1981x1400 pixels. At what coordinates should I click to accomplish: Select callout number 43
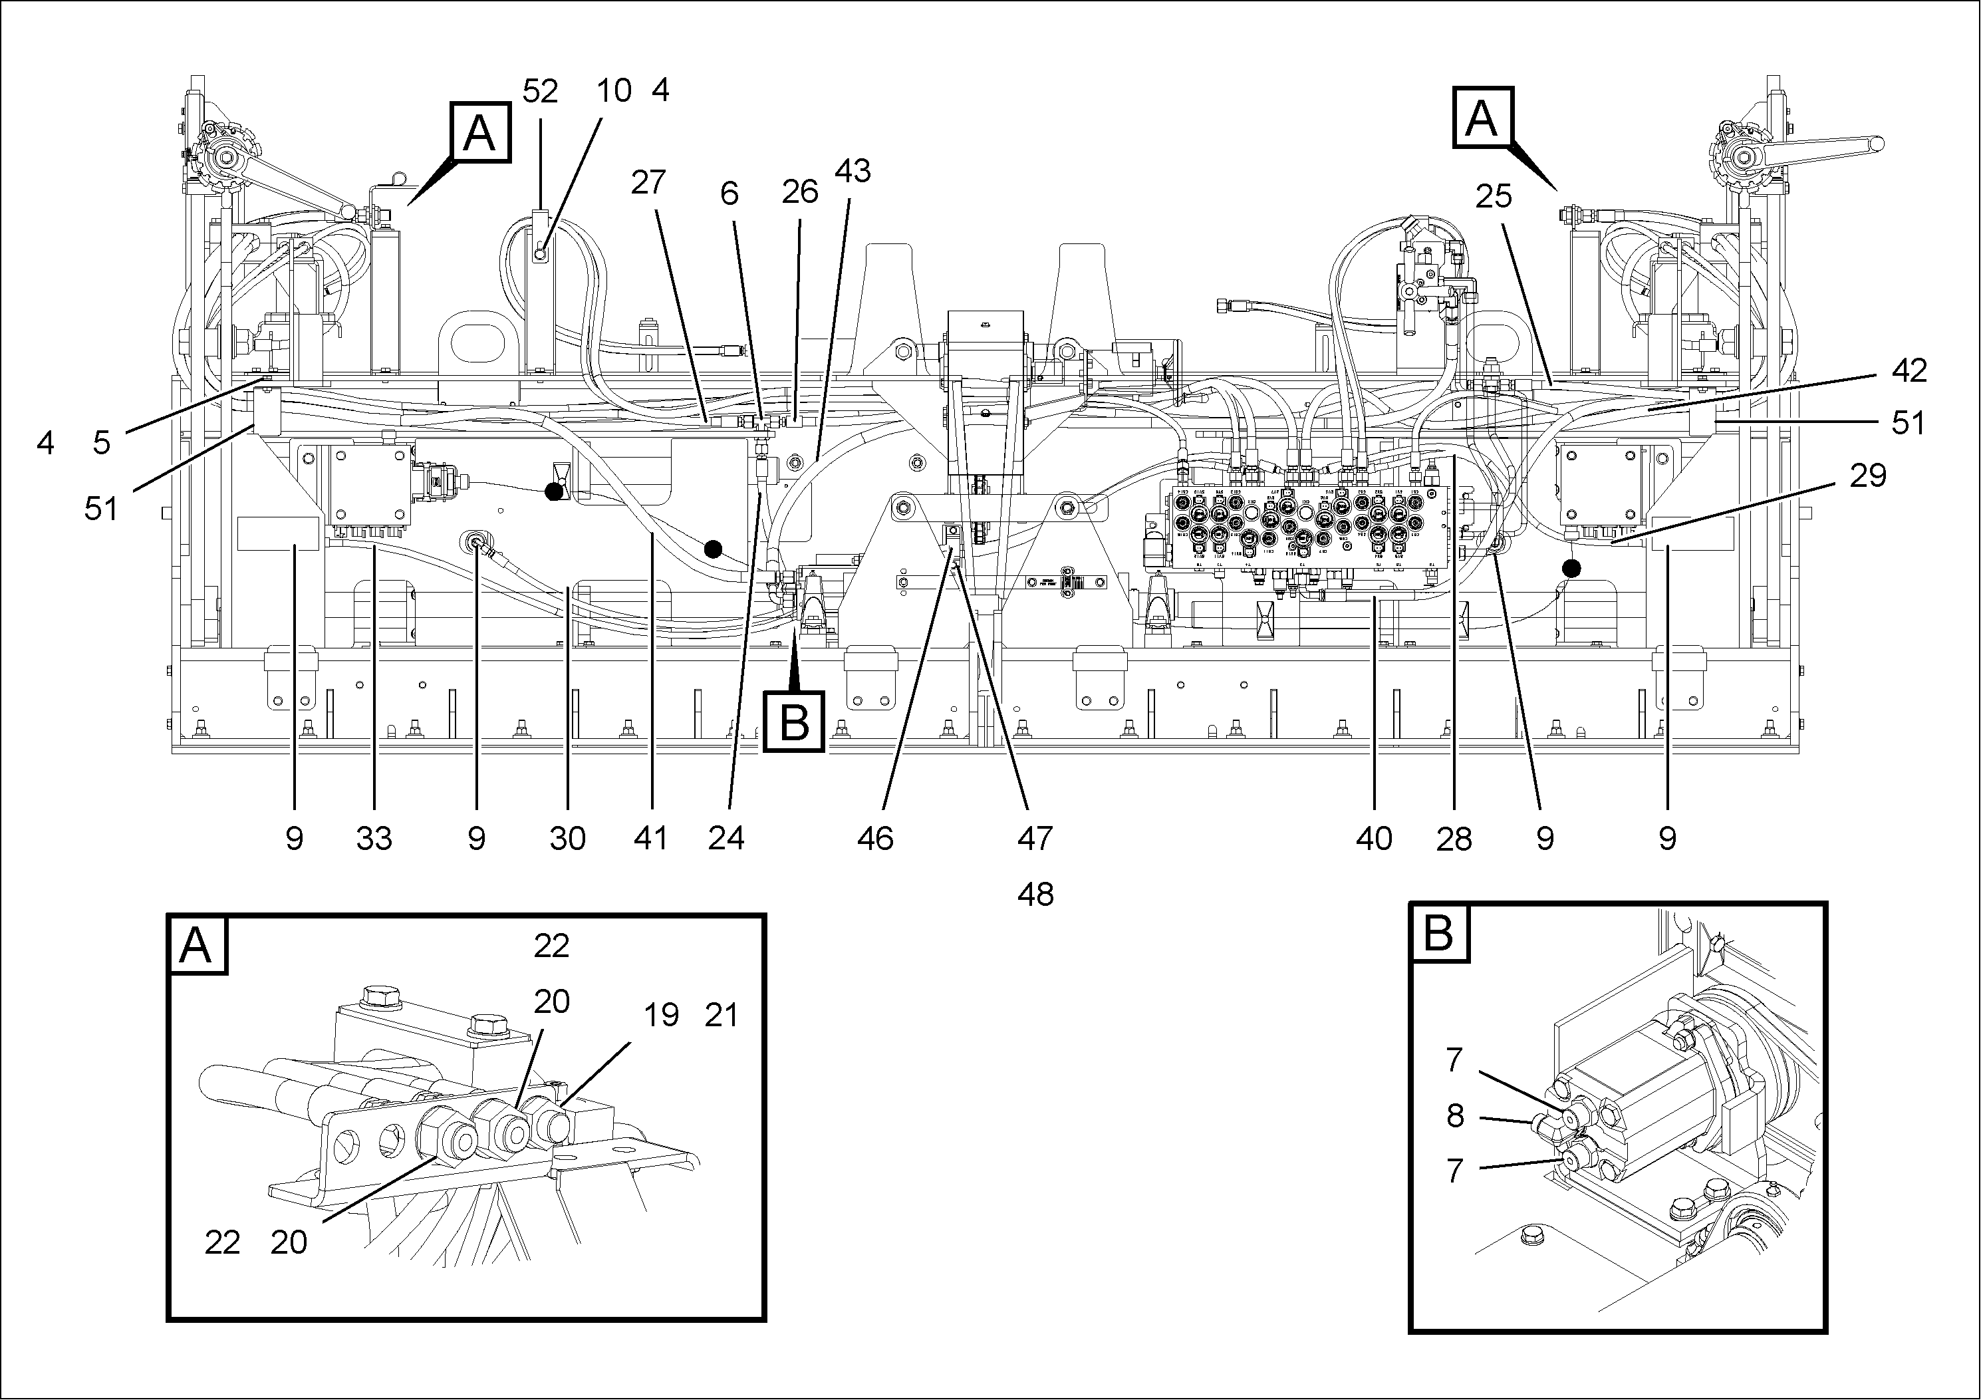pyautogui.click(x=853, y=172)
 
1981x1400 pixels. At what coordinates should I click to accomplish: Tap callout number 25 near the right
pyautogui.click(x=1494, y=197)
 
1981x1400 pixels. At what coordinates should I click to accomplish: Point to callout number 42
pyautogui.click(x=1909, y=370)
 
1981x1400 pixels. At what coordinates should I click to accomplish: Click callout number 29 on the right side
pyautogui.click(x=1868, y=476)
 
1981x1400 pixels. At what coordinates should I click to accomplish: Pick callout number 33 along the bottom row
pyautogui.click(x=374, y=838)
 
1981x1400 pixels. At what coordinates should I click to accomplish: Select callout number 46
pyautogui.click(x=875, y=838)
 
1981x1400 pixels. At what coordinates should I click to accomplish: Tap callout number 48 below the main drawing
pyautogui.click(x=1035, y=895)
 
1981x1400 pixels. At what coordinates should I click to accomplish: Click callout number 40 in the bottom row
pyautogui.click(x=1374, y=838)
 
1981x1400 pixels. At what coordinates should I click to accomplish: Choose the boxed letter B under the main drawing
pyautogui.click(x=794, y=722)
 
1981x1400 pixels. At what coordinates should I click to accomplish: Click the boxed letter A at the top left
pyautogui.click(x=479, y=133)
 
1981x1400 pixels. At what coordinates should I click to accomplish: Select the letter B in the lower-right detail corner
pyautogui.click(x=1438, y=932)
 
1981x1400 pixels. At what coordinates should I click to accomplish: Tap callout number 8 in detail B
pyautogui.click(x=1455, y=1116)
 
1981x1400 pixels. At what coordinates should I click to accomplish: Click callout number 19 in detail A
pyautogui.click(x=661, y=1015)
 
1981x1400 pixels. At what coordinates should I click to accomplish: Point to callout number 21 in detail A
pyautogui.click(x=722, y=1015)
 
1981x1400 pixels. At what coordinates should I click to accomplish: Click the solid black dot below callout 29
pyautogui.click(x=1571, y=568)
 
